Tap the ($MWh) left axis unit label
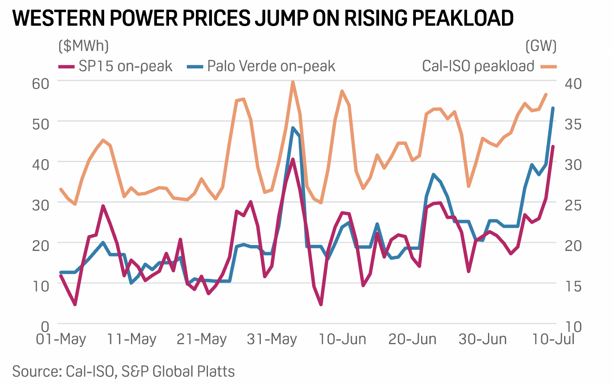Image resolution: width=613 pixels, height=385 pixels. click(x=83, y=46)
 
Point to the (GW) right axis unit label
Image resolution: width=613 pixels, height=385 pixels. click(x=541, y=46)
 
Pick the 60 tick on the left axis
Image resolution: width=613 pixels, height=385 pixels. click(x=40, y=83)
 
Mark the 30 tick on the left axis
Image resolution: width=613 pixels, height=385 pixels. click(x=40, y=205)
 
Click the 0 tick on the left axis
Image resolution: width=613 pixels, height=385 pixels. click(x=45, y=326)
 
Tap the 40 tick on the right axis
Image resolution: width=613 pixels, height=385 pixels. click(x=573, y=83)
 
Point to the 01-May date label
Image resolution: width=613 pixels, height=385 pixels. click(x=61, y=339)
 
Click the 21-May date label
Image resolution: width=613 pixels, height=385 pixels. click(x=202, y=339)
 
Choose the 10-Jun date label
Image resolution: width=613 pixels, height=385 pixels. click(x=342, y=339)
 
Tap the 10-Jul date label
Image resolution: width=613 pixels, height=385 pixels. click(x=553, y=339)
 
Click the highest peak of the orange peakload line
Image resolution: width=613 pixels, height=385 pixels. click(x=293, y=82)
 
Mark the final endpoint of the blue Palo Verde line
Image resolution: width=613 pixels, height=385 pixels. click(x=553, y=108)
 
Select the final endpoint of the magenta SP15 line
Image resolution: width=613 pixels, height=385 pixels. click(x=553, y=146)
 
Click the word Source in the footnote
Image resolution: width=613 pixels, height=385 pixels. click(x=36, y=371)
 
